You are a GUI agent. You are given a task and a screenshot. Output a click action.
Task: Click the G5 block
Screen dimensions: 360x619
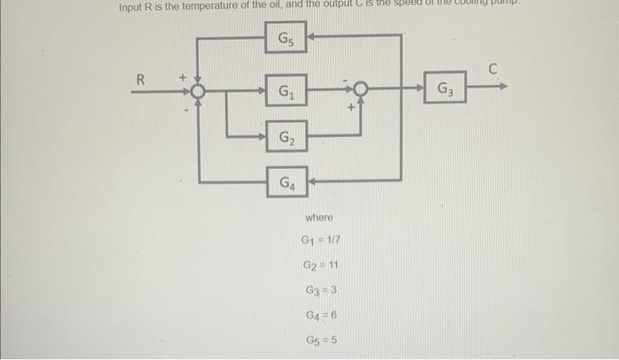click(287, 39)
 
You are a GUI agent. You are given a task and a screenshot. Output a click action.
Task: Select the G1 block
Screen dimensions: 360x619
click(287, 90)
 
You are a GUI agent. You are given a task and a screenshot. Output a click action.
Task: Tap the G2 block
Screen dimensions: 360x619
click(287, 137)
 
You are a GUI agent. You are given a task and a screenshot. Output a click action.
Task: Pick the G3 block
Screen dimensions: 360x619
click(445, 89)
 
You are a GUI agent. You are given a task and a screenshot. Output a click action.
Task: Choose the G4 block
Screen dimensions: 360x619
click(287, 183)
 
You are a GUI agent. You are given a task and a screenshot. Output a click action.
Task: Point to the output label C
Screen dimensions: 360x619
click(494, 69)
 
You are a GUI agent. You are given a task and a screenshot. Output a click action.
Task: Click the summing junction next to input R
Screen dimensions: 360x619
click(198, 90)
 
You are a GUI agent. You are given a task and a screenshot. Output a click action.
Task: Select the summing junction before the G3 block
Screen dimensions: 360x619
click(361, 89)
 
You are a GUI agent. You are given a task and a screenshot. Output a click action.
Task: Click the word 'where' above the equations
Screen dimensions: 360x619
click(319, 217)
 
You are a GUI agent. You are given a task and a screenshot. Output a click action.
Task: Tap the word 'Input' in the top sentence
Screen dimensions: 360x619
click(134, 7)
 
